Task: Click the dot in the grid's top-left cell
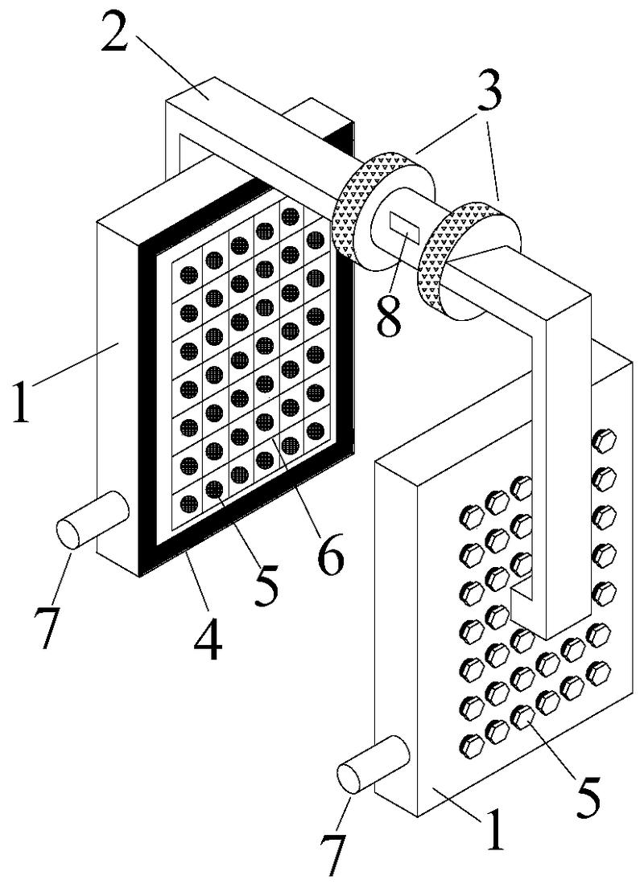(188, 275)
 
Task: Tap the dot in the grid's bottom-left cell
(189, 504)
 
